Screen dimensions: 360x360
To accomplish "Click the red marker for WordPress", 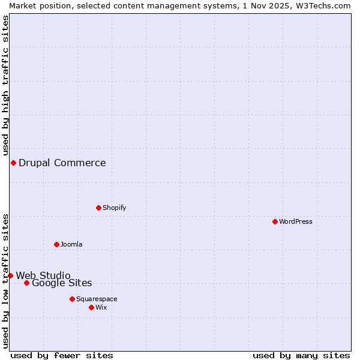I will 275,221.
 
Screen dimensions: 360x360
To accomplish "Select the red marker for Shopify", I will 98,208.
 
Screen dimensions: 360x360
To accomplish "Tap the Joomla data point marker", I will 56,244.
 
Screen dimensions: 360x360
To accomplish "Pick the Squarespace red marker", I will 72,299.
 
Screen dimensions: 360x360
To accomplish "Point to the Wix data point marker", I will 91,307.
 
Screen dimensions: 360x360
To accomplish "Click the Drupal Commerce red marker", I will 13,163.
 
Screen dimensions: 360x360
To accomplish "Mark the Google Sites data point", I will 26,283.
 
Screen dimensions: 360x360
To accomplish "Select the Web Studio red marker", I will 10,275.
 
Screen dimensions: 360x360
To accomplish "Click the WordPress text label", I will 296,221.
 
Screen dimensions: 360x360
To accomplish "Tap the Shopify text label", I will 114,208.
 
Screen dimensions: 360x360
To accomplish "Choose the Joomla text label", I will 71,244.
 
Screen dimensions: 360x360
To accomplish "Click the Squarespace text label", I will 97,299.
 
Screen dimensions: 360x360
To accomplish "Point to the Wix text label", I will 101,307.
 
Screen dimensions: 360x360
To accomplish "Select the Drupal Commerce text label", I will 62,163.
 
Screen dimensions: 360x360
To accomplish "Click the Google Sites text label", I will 62,283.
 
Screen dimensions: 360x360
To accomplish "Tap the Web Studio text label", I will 43,275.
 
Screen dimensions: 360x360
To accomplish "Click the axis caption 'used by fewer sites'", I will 62,355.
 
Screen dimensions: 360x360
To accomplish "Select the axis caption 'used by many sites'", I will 301,355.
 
